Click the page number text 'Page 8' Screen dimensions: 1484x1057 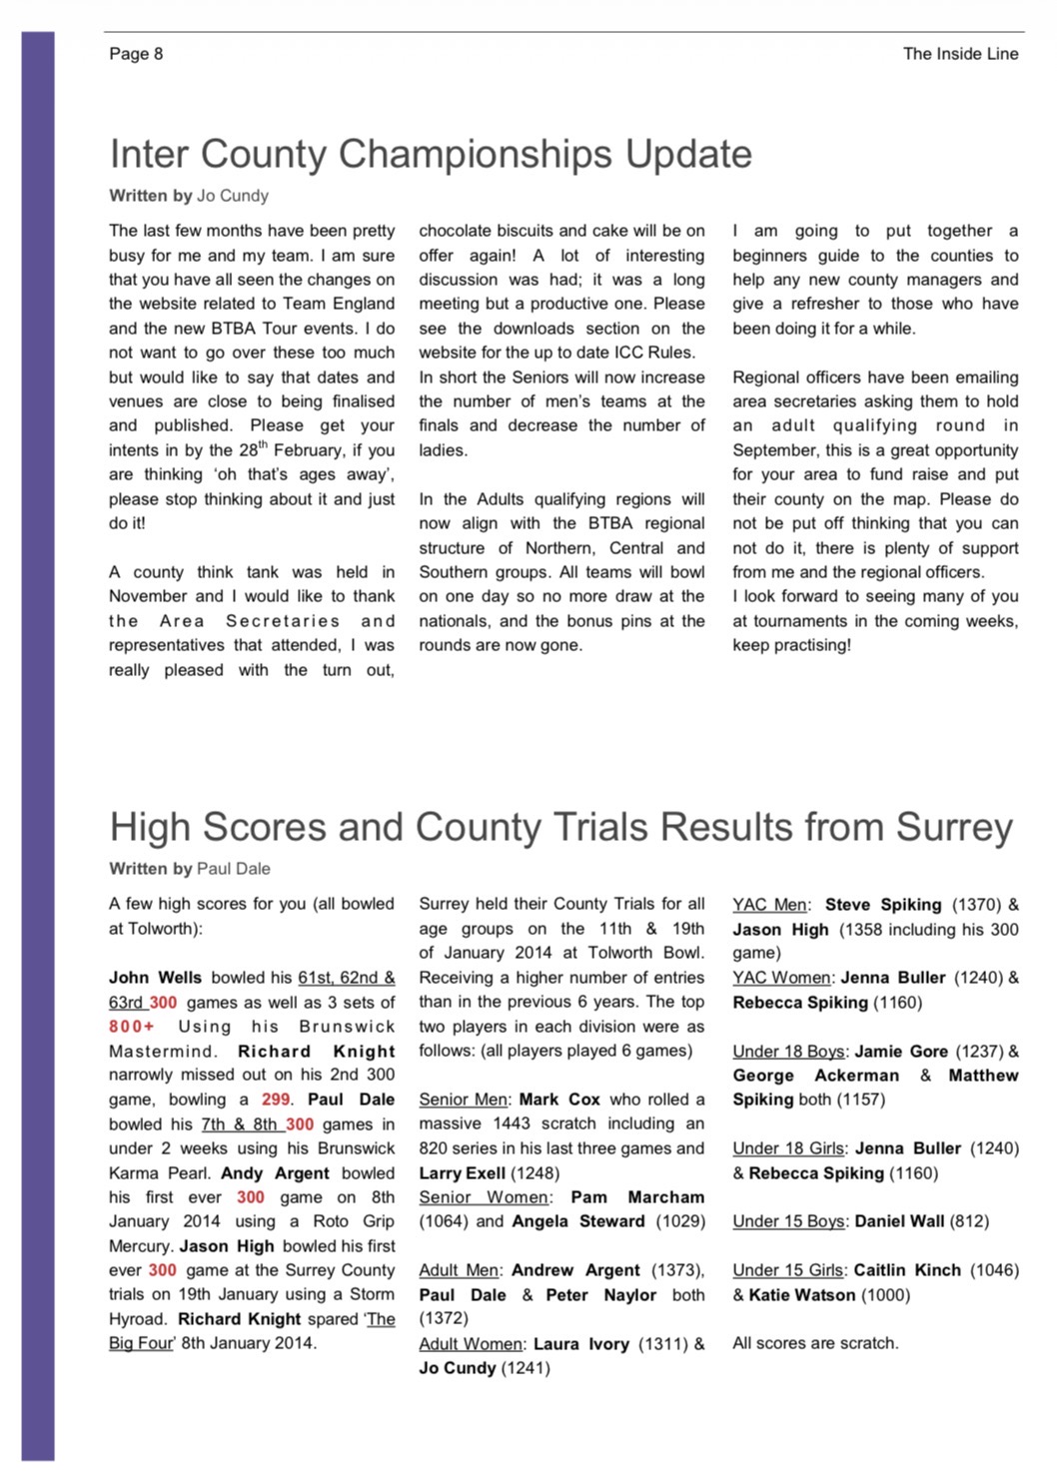[136, 54]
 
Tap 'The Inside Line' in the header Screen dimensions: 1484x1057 [960, 54]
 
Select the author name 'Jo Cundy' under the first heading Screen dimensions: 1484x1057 [232, 196]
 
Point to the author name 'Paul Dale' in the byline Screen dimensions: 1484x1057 [233, 869]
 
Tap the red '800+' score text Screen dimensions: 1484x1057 [132, 1027]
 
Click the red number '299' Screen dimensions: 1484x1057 [276, 1100]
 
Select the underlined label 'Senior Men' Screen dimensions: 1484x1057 [464, 1100]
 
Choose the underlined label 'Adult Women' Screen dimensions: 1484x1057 [471, 1344]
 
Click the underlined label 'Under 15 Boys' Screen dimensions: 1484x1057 [789, 1221]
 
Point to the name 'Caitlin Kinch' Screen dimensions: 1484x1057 [907, 1270]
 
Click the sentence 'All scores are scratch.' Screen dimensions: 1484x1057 [815, 1343]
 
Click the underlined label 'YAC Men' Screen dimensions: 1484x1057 [769, 905]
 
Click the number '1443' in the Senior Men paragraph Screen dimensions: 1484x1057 [512, 1123]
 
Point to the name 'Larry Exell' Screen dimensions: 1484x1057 [462, 1173]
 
